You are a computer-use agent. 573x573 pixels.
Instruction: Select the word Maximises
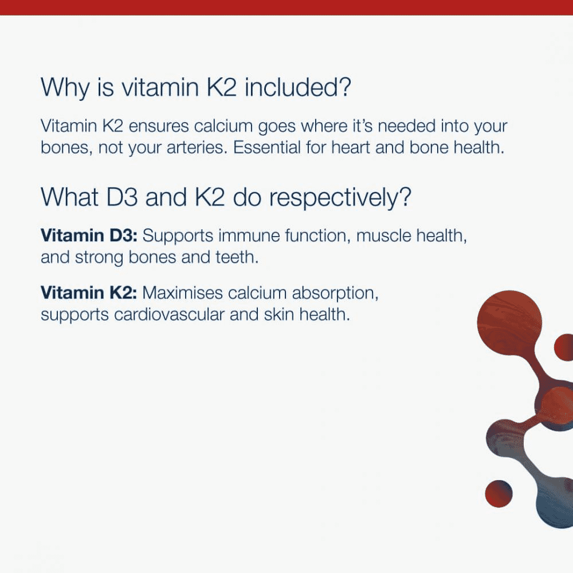pos(183,293)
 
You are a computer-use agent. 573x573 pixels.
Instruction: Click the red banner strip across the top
pos(286,7)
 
